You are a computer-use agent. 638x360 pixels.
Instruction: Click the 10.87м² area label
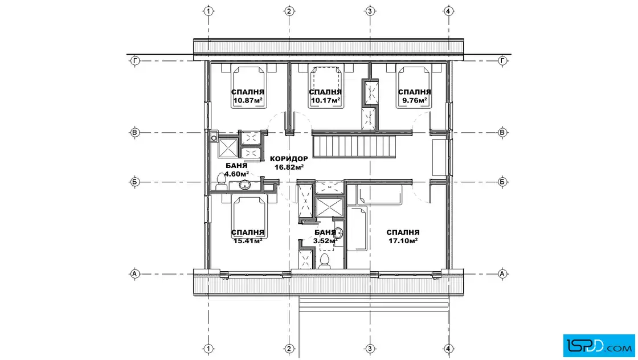pyautogui.click(x=247, y=100)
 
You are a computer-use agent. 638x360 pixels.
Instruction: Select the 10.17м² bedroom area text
pyautogui.click(x=325, y=100)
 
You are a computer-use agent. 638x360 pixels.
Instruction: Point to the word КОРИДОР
pyautogui.click(x=289, y=159)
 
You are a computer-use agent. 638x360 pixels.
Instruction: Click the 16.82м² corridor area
pyautogui.click(x=289, y=167)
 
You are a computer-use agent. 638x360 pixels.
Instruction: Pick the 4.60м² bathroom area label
pyautogui.click(x=236, y=174)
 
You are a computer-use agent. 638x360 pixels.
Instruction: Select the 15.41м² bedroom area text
pyautogui.click(x=247, y=240)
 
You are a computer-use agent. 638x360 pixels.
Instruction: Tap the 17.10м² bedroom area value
pyautogui.click(x=403, y=240)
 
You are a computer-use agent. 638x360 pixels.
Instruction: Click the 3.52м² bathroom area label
pyautogui.click(x=325, y=240)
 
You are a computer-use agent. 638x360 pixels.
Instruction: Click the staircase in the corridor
pyautogui.click(x=354, y=146)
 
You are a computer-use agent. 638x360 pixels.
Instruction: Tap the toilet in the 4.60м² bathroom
pyautogui.click(x=222, y=181)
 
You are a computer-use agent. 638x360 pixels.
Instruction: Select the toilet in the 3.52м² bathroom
pyautogui.click(x=324, y=261)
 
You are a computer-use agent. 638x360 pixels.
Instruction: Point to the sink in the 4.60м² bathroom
pyautogui.click(x=244, y=185)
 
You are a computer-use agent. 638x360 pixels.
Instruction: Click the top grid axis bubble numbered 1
pyautogui.click(x=208, y=11)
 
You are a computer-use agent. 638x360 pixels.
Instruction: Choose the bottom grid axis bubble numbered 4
pyautogui.click(x=448, y=349)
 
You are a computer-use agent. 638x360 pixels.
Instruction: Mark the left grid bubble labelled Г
pyautogui.click(x=134, y=61)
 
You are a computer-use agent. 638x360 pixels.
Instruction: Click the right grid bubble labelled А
pyautogui.click(x=502, y=274)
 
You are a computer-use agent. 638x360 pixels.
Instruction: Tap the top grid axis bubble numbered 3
pyautogui.click(x=370, y=11)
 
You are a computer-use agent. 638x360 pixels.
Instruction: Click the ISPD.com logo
pyautogui.click(x=599, y=346)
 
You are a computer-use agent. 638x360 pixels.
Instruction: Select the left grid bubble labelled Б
pyautogui.click(x=134, y=182)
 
